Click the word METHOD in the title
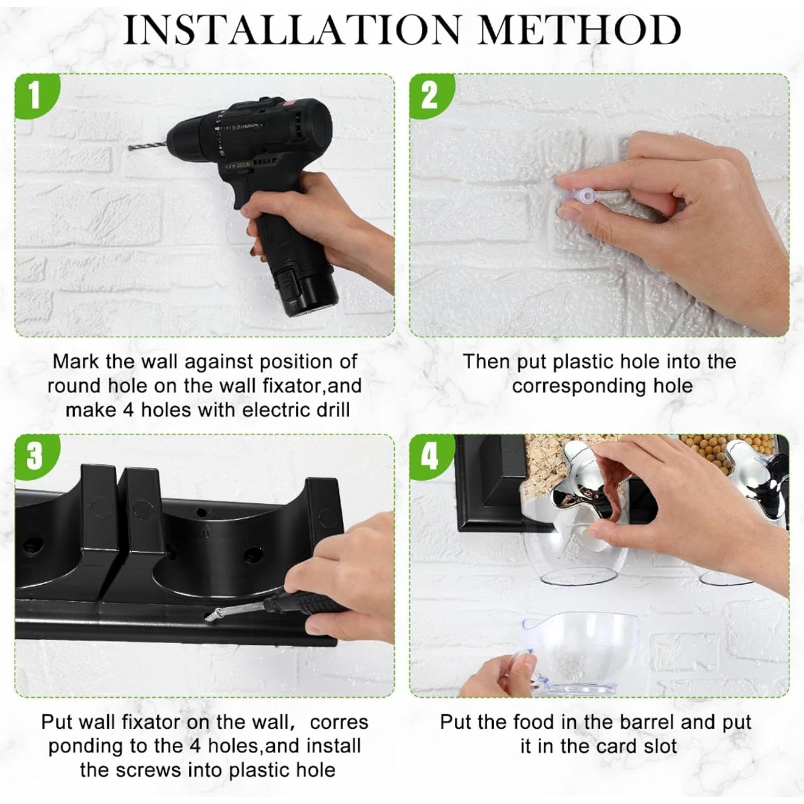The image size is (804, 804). pyautogui.click(x=580, y=30)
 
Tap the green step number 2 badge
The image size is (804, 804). pyautogui.click(x=430, y=96)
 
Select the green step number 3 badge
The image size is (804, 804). pyautogui.click(x=34, y=456)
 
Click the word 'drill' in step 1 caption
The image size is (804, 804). pyautogui.click(x=330, y=410)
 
